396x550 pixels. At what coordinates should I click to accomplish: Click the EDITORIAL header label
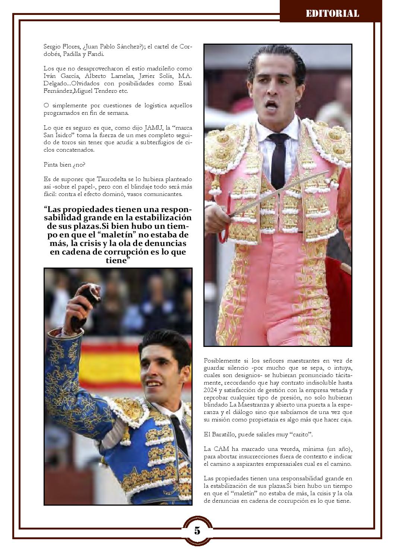(332, 14)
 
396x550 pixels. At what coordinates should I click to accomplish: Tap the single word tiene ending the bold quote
(117, 260)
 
